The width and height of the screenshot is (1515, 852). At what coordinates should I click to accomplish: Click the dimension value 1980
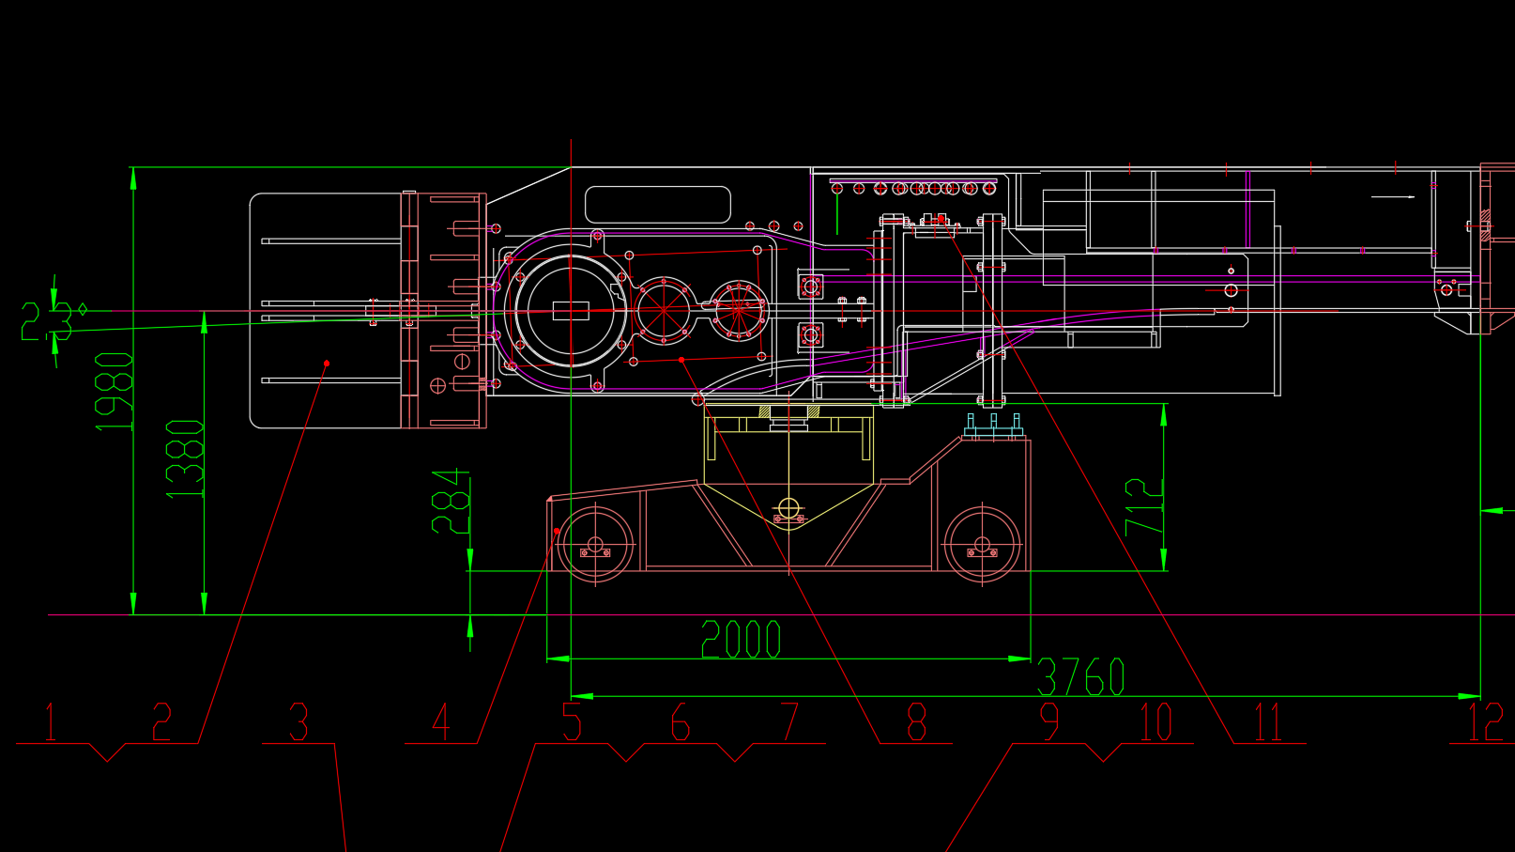tap(115, 392)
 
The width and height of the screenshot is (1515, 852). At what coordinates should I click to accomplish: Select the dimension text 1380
tap(185, 458)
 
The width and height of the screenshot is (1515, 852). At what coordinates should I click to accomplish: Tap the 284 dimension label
tap(451, 501)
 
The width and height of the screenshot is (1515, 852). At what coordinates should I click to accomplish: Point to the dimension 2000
tap(741, 639)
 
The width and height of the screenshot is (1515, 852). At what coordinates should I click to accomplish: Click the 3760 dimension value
tap(1080, 676)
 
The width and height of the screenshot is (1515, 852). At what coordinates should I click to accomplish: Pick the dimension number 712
tap(1143, 507)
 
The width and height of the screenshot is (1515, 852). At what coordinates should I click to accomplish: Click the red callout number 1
tap(51, 721)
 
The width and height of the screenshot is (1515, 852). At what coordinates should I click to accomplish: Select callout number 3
tap(298, 721)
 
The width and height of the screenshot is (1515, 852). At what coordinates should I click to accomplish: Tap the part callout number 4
tap(441, 721)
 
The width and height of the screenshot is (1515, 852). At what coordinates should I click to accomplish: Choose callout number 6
tap(681, 721)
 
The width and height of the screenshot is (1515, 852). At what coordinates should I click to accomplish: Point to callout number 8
tap(916, 721)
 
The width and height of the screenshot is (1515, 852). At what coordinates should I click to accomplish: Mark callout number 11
tap(1268, 721)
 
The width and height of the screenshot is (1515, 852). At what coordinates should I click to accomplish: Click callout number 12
tap(1485, 721)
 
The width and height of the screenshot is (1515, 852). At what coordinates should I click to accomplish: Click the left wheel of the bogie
tap(595, 544)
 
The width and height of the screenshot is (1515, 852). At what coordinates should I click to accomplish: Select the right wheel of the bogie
tap(982, 545)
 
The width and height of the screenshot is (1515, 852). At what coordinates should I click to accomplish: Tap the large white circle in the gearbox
tap(570, 310)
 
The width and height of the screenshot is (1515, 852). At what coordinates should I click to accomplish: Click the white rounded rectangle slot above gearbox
tap(657, 205)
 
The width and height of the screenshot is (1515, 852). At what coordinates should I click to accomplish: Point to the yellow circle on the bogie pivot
tap(788, 508)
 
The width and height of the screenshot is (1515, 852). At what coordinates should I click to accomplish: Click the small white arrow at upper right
tap(1393, 197)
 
